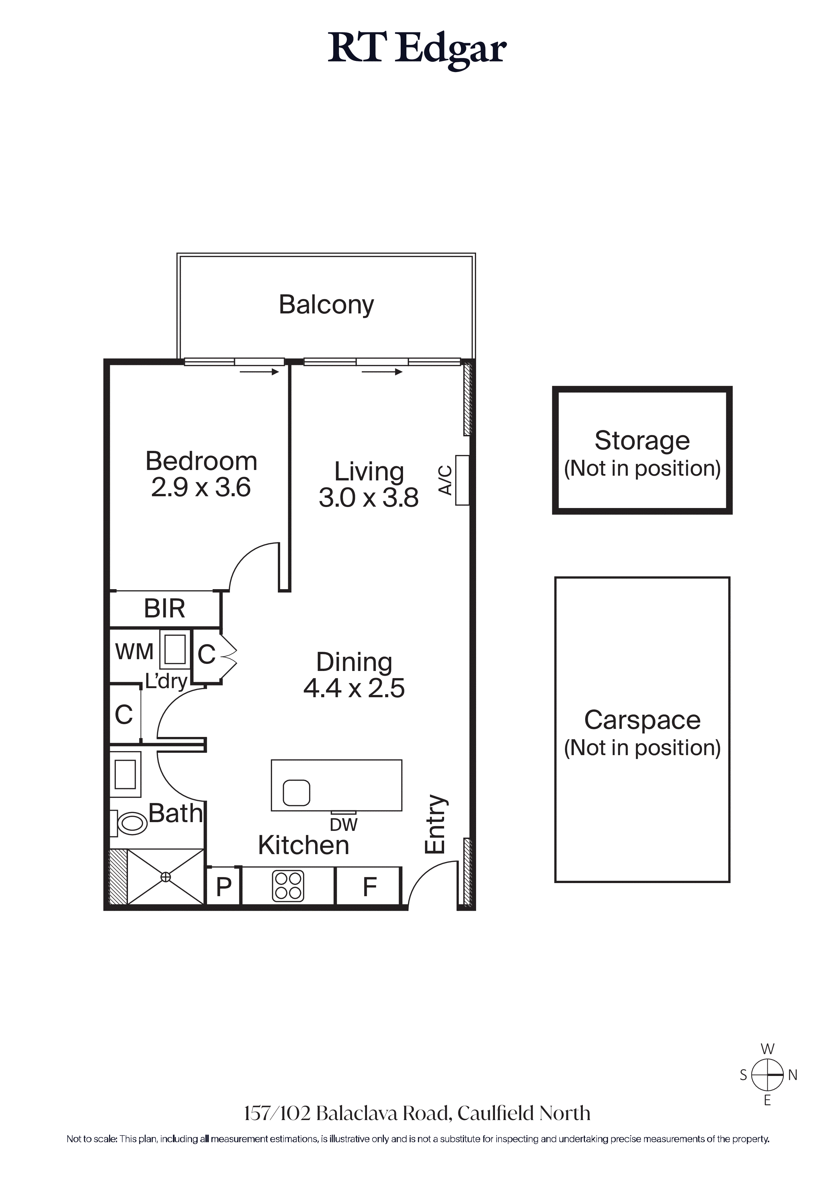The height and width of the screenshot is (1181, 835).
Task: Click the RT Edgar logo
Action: pos(417,50)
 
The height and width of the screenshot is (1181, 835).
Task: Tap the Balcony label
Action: pos(326,305)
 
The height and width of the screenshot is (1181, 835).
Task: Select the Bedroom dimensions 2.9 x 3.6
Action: pos(201,487)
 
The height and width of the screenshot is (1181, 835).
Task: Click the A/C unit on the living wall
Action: pos(462,480)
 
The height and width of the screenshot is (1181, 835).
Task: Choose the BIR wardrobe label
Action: pos(164,608)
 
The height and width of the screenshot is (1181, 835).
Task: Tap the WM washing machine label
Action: pos(134,652)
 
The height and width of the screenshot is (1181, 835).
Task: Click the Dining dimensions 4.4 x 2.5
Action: pos(354,688)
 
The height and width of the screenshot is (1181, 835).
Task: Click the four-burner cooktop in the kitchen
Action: pos(288,886)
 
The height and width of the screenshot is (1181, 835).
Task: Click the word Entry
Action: pos(435,824)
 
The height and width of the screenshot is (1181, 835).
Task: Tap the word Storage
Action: pos(642,440)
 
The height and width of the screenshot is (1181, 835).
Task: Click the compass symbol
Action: pos(767,1075)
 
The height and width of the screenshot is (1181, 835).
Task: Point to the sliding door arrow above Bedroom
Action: pos(259,371)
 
